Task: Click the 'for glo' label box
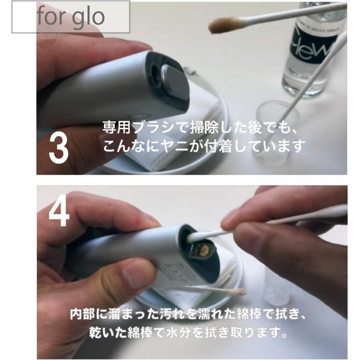tap(70, 17)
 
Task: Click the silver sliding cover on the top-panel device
tap(175, 82)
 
